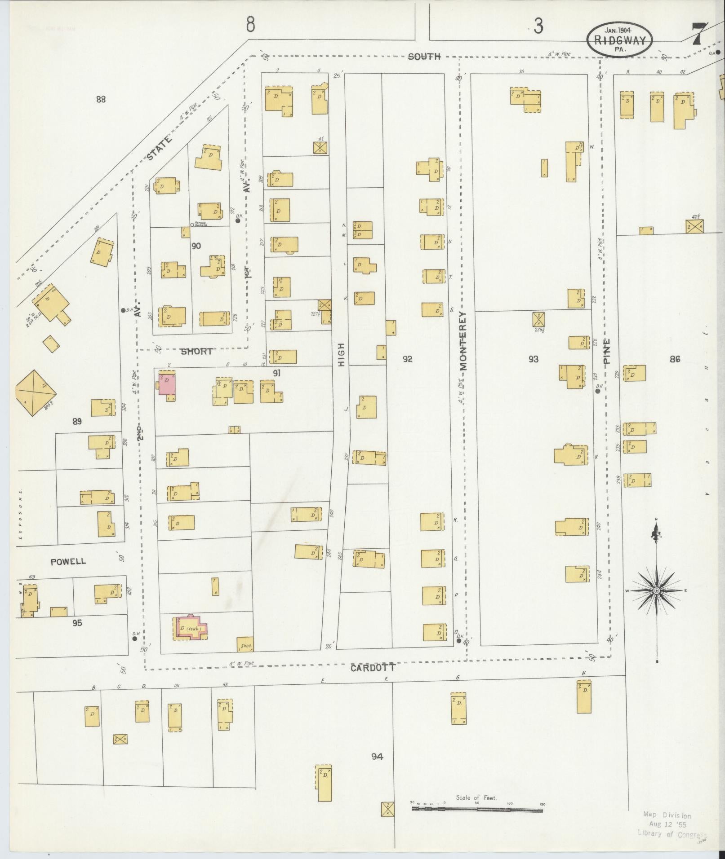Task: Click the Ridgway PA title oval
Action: [x=619, y=40]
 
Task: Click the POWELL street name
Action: [x=68, y=562]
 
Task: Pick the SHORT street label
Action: [x=196, y=352]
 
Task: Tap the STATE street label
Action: [x=159, y=148]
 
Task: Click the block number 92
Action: [x=407, y=359]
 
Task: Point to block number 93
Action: [x=533, y=359]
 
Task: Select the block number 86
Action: [x=675, y=359]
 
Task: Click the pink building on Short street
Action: [x=167, y=384]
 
